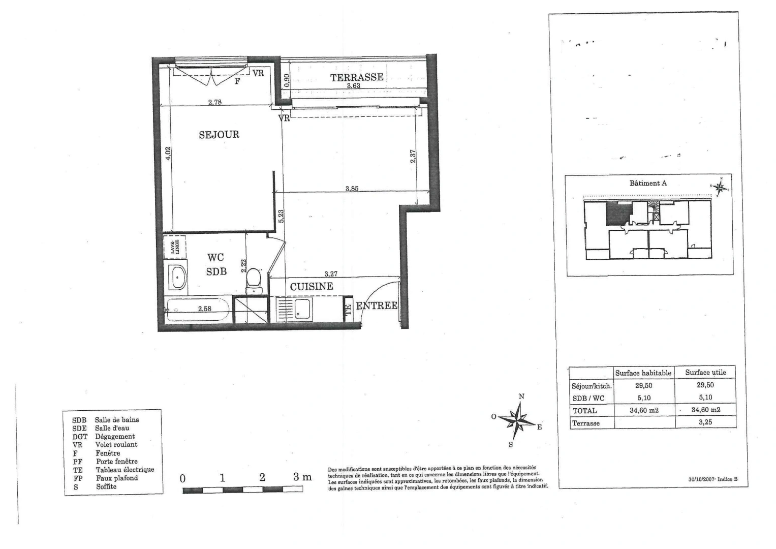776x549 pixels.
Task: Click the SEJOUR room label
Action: point(219,135)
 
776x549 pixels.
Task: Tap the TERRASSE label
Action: point(357,77)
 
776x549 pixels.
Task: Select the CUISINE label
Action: point(312,287)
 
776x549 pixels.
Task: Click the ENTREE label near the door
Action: point(377,306)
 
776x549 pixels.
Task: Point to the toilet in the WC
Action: point(253,280)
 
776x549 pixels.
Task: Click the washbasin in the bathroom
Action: point(177,278)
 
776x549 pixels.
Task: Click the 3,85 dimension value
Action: point(352,189)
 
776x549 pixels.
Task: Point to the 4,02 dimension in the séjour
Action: point(169,153)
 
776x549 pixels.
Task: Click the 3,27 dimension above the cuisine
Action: point(331,274)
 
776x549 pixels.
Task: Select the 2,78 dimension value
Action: point(214,102)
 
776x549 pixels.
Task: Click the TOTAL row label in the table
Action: point(584,411)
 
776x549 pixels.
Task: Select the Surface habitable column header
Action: point(643,373)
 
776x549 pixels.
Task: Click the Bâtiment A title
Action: point(648,183)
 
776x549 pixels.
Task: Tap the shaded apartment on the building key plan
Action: point(618,213)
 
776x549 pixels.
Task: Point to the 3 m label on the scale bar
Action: point(302,477)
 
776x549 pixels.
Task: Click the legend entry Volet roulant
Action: point(116,445)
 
